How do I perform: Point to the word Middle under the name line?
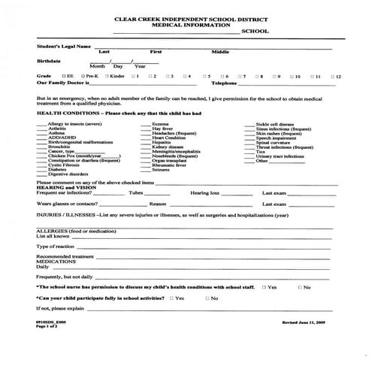[220, 52]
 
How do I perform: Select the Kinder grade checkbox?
[107, 77]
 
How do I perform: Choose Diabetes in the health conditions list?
[58, 170]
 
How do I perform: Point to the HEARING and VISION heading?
[65, 188]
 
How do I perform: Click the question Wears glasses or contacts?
[68, 203]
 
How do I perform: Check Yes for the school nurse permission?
[265, 286]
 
